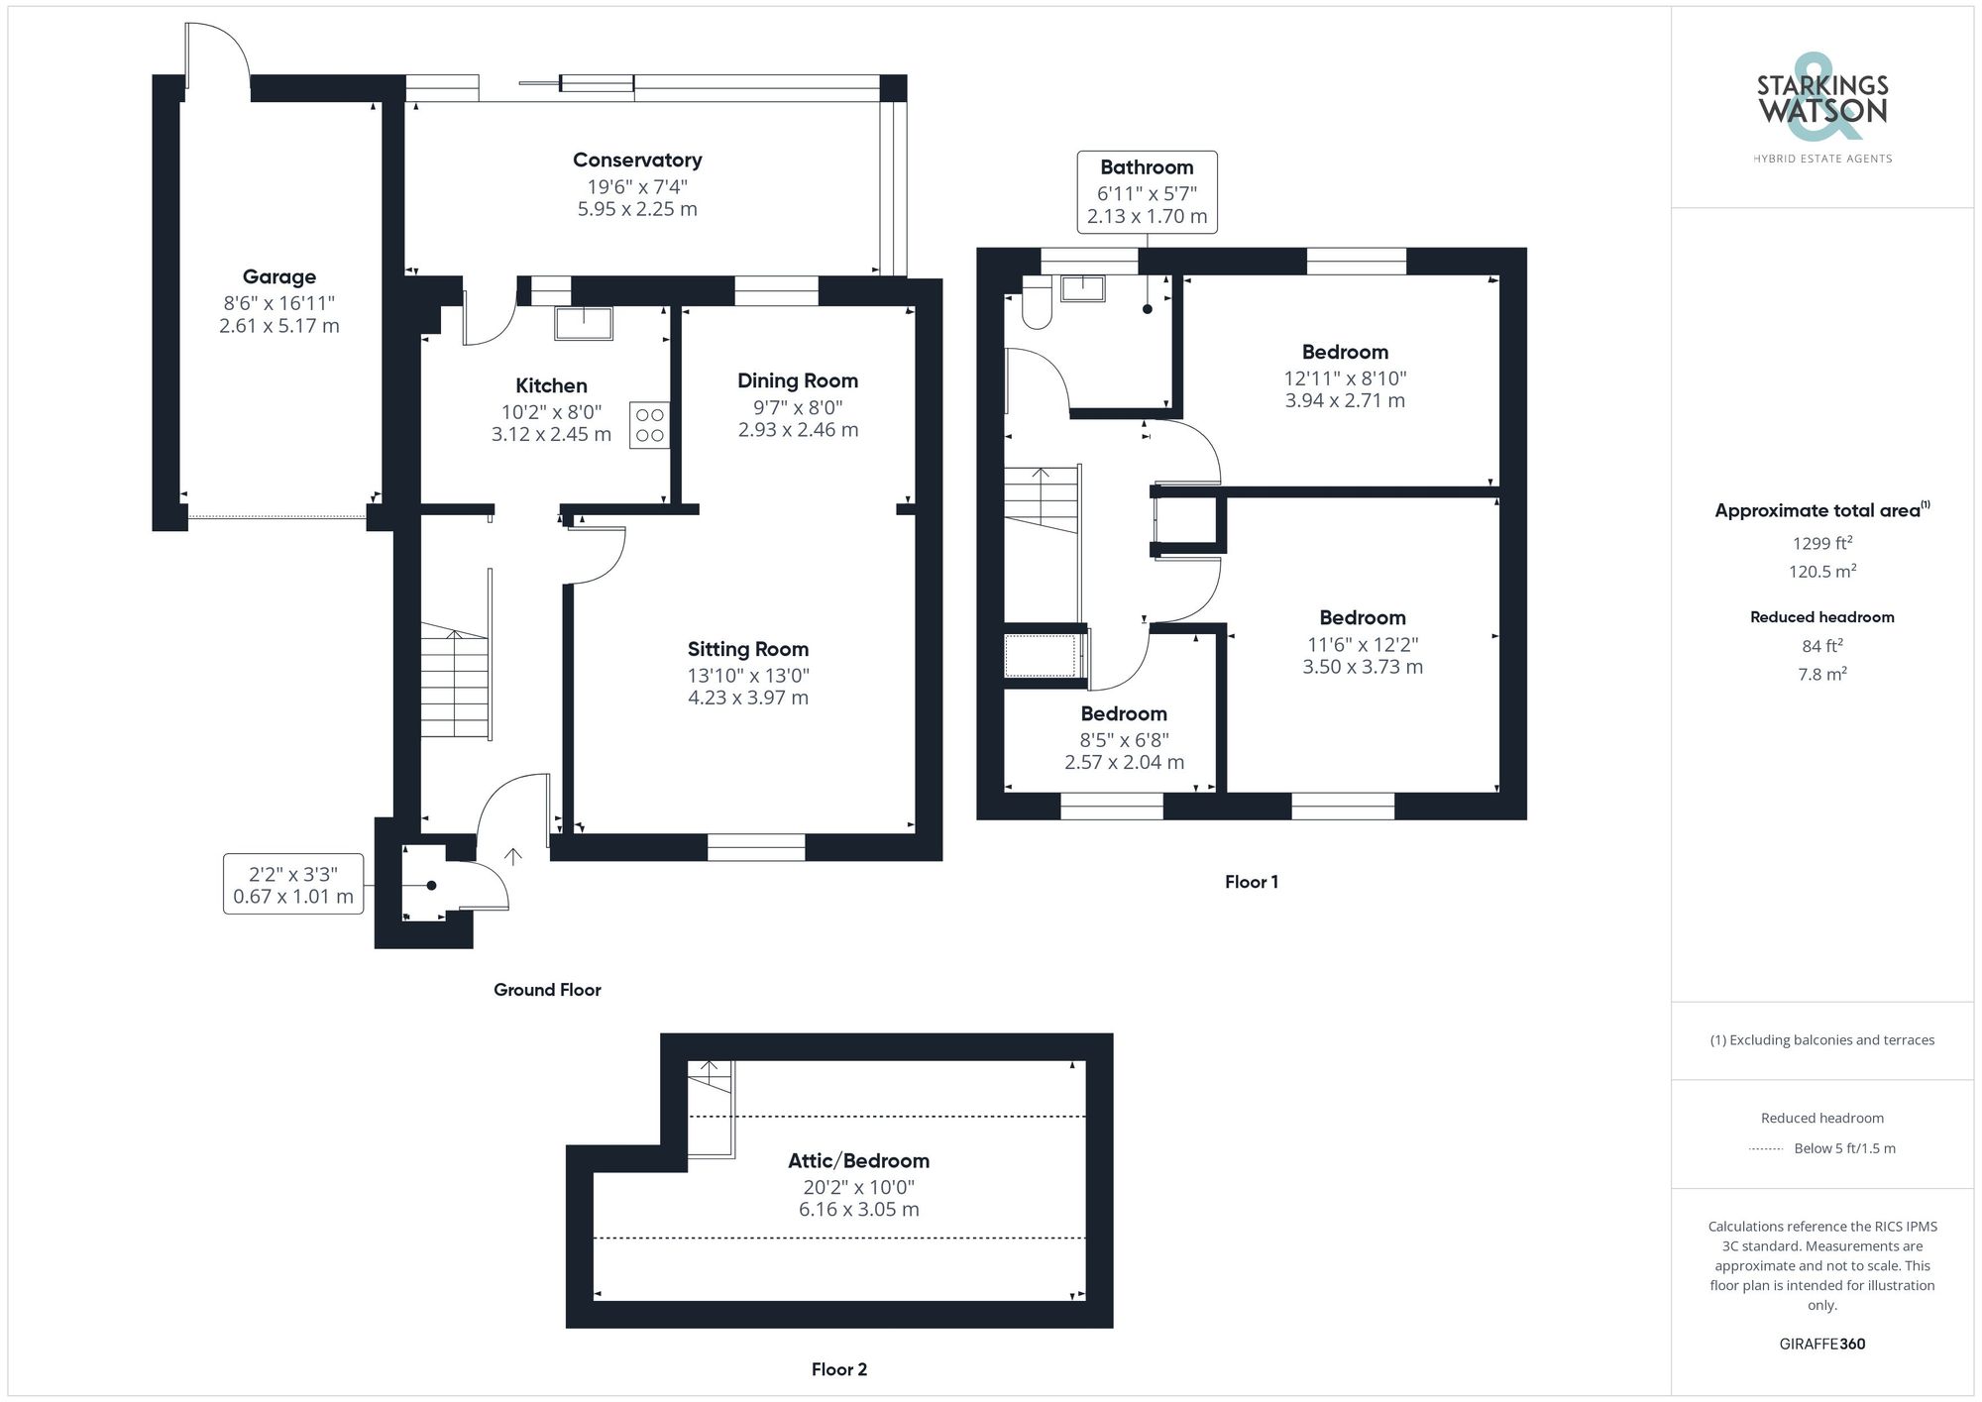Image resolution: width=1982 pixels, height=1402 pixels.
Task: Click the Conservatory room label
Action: (637, 161)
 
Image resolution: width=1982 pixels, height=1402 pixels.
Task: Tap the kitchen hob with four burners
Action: (649, 425)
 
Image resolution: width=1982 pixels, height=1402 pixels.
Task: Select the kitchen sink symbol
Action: (583, 323)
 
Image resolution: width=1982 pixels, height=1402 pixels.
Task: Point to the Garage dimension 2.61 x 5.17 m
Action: (278, 326)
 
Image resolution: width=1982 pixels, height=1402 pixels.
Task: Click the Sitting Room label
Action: (747, 650)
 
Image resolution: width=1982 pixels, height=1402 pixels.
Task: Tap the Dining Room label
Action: (797, 381)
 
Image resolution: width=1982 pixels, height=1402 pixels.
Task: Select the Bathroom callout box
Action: (1147, 192)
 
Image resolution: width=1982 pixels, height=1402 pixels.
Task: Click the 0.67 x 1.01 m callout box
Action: (292, 885)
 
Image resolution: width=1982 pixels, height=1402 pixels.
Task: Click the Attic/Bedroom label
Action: (858, 1161)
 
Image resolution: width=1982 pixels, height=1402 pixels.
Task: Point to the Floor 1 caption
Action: (1251, 882)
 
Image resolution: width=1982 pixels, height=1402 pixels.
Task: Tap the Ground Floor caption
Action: (547, 990)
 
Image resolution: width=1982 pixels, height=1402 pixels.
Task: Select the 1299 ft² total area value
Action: (1821, 543)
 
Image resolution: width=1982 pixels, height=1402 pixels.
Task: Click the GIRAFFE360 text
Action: (1821, 1345)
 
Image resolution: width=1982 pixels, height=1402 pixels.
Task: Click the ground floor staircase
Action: (455, 684)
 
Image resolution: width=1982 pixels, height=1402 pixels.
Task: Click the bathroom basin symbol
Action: (1082, 288)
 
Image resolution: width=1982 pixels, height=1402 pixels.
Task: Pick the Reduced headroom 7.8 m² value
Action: (1821, 675)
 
